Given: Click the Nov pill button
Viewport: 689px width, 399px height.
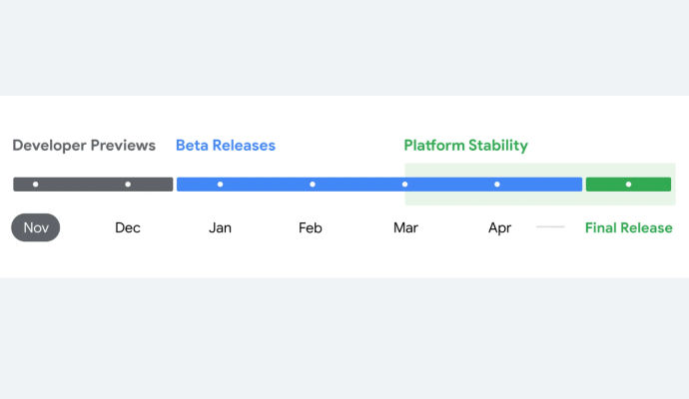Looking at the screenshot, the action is pos(36,227).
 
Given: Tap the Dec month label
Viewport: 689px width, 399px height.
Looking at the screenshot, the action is pos(128,227).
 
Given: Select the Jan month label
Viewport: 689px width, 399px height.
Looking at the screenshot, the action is pos(220,227).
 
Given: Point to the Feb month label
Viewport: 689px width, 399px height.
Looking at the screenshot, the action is pos(311,227).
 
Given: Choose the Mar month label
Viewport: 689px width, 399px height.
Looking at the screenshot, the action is pos(405,227).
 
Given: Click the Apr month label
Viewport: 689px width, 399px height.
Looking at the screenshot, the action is pos(499,228).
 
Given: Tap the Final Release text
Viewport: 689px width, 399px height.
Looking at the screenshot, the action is pos(628,227).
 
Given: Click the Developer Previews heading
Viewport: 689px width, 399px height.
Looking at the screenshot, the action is pos(84,146).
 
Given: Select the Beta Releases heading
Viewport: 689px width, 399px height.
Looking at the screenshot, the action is pos(226,146).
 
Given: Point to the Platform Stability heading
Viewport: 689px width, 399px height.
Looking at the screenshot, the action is pos(465,146).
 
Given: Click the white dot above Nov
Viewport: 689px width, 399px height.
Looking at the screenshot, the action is pos(36,185).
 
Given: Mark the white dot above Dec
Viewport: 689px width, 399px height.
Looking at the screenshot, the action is pos(128,185).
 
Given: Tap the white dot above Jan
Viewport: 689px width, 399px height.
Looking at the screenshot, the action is pos(220,185).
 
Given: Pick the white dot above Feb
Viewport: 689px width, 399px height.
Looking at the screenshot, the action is pos(313,185).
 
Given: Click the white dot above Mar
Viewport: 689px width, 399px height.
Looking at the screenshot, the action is pos(404,185).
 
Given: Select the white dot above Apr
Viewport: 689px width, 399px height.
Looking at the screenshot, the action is pos(497,185).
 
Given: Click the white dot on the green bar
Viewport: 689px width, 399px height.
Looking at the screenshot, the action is pos(628,185).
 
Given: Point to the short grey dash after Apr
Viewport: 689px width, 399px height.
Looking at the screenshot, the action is pos(550,227).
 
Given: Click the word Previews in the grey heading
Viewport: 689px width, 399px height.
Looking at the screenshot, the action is pos(123,146).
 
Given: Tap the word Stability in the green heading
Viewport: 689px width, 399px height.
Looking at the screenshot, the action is pos(498,146).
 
